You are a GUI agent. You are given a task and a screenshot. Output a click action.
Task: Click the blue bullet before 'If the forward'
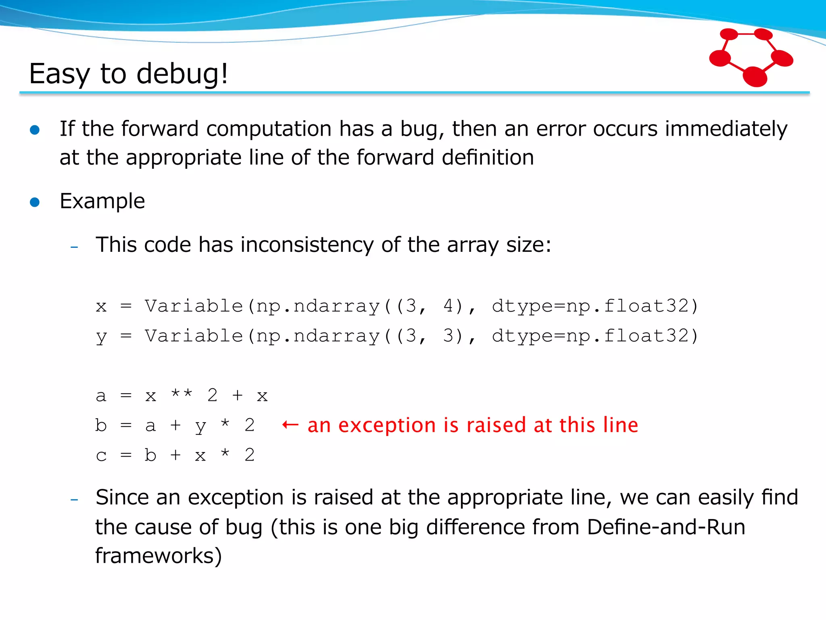click(x=35, y=130)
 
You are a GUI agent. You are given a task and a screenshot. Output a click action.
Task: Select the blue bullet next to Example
click(x=35, y=202)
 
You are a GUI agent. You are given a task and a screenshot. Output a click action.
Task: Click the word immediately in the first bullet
click(x=726, y=129)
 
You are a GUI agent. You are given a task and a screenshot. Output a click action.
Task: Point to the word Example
click(x=102, y=201)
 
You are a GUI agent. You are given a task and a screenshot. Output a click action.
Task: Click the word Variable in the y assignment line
click(x=194, y=336)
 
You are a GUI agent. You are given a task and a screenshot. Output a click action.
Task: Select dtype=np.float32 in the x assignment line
click(x=594, y=306)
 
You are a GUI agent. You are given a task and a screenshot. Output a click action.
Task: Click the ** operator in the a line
click(x=181, y=394)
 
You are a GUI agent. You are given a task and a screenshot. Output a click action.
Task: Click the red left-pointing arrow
click(x=290, y=425)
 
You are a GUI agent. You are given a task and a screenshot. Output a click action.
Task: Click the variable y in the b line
click(x=200, y=426)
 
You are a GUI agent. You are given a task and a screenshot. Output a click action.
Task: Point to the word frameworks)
click(x=159, y=556)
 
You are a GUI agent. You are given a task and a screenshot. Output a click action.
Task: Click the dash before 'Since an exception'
click(x=74, y=500)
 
